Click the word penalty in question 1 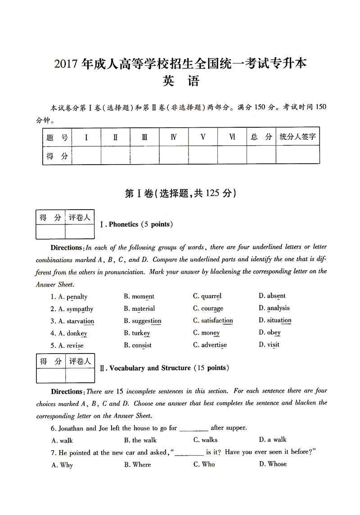(x=77, y=297)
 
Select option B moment (x=143, y=296)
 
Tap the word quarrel (x=211, y=296)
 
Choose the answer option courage (x=212, y=309)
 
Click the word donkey (x=77, y=334)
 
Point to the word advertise (x=214, y=345)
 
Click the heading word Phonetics (x=123, y=224)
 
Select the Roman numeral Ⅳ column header (x=174, y=137)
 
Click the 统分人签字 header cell (x=297, y=137)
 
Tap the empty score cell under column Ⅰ (x=86, y=156)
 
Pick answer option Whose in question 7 (x=277, y=464)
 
